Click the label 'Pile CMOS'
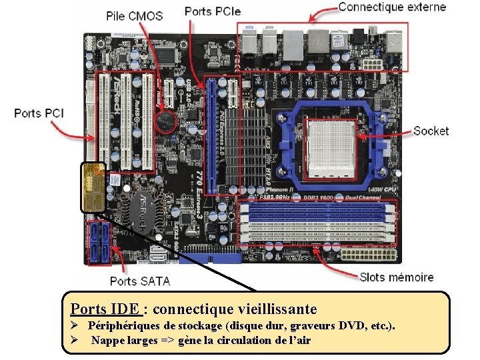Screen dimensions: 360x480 click(134, 15)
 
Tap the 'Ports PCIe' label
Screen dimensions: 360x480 click(212, 11)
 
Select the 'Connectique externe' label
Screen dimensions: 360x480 click(392, 7)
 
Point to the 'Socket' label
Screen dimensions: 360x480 click(431, 131)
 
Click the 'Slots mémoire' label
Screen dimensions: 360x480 click(396, 277)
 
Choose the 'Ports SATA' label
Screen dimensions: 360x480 click(139, 281)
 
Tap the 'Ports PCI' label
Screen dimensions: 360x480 click(39, 113)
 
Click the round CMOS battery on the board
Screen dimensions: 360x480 click(165, 121)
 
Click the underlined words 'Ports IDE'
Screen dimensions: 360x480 click(105, 309)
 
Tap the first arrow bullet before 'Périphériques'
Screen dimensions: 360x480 click(76, 326)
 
